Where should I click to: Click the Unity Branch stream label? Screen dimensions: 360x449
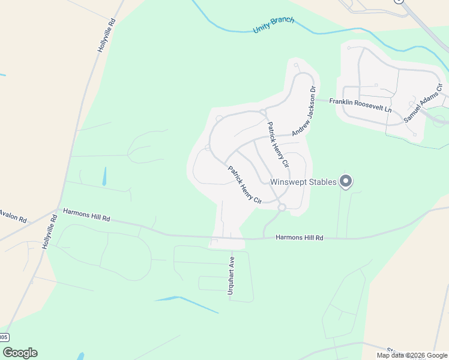pos(274,25)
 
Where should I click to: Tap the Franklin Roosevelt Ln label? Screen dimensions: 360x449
pos(360,106)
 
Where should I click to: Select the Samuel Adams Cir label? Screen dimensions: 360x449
pos(423,104)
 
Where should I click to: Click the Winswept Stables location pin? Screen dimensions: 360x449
pos(345,180)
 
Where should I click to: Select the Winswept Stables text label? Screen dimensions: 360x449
pos(303,182)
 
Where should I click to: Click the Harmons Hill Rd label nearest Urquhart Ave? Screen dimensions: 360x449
pos(300,238)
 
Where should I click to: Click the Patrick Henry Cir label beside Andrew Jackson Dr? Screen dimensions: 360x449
pos(278,145)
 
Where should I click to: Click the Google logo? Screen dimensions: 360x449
pos(20,353)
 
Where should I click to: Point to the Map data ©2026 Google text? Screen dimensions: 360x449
pos(412,355)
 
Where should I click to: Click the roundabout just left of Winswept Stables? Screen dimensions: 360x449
pos(282,208)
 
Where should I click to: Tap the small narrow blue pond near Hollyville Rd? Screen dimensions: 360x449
pos(104,176)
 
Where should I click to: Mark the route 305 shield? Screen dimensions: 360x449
pos(4,337)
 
